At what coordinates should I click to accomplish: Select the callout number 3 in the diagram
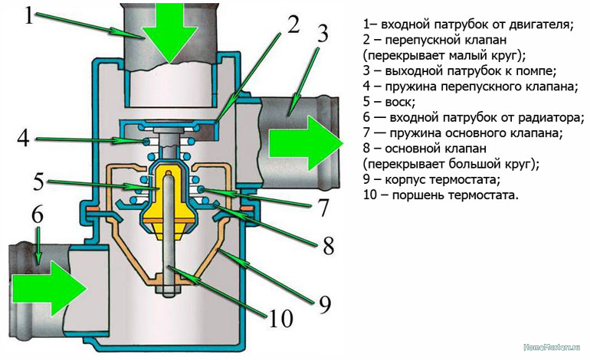click(x=323, y=34)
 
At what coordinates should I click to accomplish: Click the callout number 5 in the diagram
click(x=39, y=182)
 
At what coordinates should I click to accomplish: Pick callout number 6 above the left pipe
click(x=37, y=215)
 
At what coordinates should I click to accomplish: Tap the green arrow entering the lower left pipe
click(x=57, y=287)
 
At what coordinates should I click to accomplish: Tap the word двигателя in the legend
click(x=540, y=25)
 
